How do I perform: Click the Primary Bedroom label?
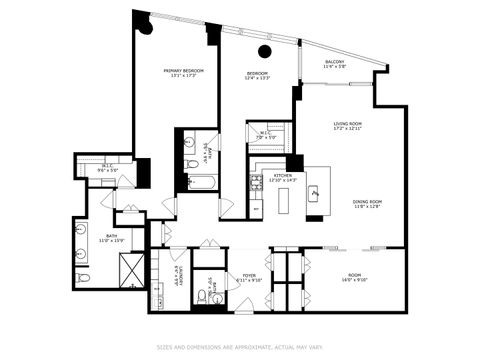[183, 70]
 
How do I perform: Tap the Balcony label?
[335, 62]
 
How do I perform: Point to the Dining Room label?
[367, 202]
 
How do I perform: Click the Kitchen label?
[283, 175]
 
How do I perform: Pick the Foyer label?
[248, 276]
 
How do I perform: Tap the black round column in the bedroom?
[265, 51]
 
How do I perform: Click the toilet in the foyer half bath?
[202, 296]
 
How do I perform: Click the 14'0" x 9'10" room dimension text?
[355, 279]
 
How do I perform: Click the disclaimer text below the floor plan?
[240, 348]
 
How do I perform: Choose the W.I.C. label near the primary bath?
[107, 167]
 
